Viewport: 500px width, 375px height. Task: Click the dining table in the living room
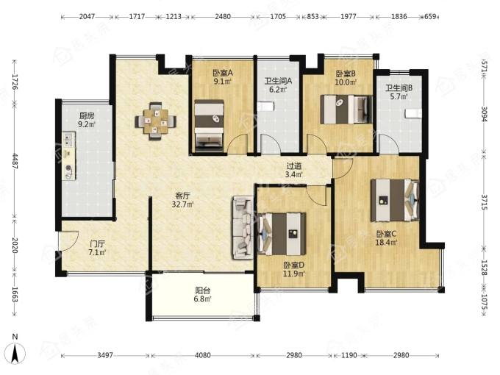click(x=155, y=121)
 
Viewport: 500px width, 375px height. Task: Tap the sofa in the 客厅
click(x=243, y=227)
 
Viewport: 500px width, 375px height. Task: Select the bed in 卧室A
click(x=209, y=124)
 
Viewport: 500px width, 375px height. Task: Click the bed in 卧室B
click(x=346, y=110)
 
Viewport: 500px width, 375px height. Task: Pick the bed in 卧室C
click(x=395, y=200)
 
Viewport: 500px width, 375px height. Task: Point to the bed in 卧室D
click(x=282, y=234)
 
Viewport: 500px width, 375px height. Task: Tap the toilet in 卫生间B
click(x=413, y=113)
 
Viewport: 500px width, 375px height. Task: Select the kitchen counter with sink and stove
click(x=69, y=156)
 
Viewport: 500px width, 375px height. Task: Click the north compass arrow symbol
click(x=15, y=353)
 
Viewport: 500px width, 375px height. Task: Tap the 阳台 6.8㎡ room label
click(x=203, y=295)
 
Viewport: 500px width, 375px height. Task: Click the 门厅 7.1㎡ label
click(x=97, y=248)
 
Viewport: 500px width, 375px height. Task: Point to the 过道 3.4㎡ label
click(x=293, y=171)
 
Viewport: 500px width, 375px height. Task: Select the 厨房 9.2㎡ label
click(x=87, y=120)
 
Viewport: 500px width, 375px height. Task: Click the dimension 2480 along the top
click(x=223, y=16)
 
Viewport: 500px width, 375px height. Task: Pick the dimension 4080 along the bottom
click(x=202, y=355)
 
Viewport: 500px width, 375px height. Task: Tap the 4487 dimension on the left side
click(x=15, y=161)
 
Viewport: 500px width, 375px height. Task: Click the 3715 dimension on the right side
click(x=485, y=202)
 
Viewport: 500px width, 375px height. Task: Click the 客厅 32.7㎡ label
click(x=183, y=200)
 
